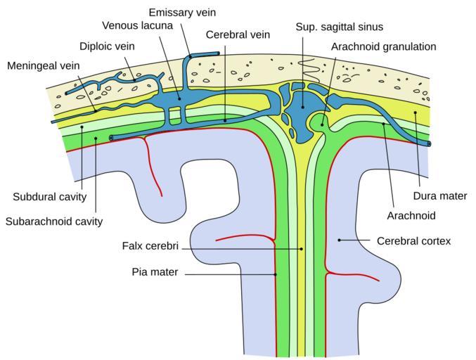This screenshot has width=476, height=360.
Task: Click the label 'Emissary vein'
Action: coord(181,13)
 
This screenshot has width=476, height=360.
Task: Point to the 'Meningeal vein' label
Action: coord(44,66)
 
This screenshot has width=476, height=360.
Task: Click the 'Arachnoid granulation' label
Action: coord(384,46)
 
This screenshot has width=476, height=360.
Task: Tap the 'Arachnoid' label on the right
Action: coord(411,215)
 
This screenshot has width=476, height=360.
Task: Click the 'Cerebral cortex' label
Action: coord(413,240)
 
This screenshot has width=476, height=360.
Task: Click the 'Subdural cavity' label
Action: coord(49,196)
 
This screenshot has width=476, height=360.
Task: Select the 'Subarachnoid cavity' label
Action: coord(54,221)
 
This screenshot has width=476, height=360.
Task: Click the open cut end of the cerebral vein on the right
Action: coord(428,143)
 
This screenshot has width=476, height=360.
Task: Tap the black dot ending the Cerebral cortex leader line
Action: coord(340,240)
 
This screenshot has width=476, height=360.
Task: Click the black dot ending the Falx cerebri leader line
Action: coord(302,248)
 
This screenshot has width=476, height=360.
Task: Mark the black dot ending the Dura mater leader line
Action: coord(416,112)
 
